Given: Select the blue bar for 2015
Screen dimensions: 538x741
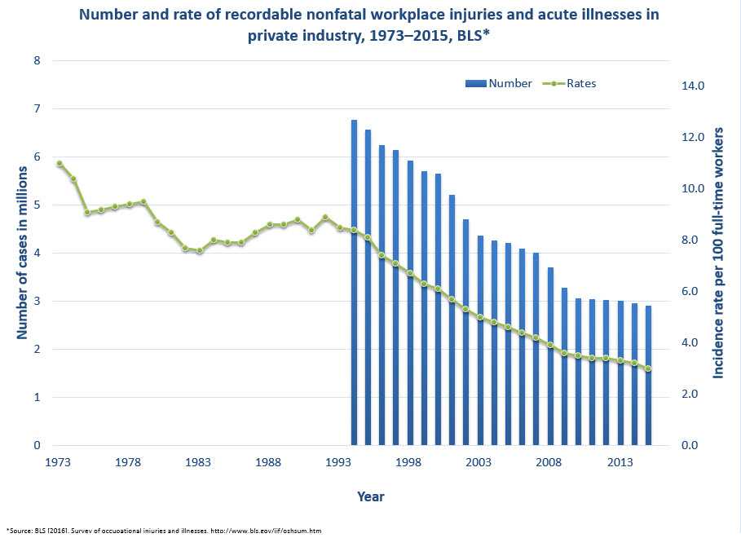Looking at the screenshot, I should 649,376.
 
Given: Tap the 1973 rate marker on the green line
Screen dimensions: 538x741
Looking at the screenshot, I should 60,164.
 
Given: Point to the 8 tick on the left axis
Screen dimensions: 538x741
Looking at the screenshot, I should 37,60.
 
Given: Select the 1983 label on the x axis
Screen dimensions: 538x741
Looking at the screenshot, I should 198,463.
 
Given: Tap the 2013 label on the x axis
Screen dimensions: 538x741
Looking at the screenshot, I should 620,463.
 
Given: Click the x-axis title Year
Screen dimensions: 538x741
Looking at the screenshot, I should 370,496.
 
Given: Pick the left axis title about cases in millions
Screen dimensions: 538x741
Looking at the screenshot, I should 22,253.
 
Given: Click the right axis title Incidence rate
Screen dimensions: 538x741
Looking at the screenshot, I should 719,253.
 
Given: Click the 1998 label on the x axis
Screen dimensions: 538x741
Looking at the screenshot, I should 409,463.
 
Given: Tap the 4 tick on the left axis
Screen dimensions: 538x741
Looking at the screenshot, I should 37,253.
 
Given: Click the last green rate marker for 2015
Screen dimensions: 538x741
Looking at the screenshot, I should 649,368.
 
